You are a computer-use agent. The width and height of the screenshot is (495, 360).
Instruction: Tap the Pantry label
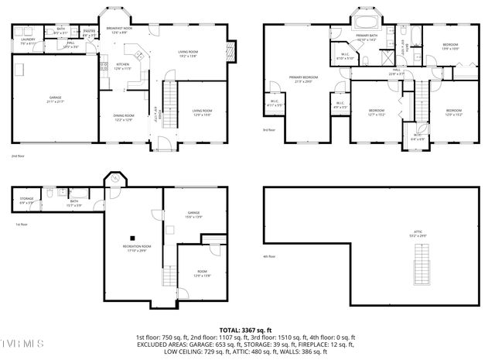88,33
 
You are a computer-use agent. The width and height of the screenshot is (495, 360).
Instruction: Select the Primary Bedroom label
304,79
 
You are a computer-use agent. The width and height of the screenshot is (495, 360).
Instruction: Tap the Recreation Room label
136,247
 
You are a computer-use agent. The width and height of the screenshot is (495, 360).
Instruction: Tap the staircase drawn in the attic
421,264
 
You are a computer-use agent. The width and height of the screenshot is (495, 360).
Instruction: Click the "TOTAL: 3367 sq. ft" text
247,329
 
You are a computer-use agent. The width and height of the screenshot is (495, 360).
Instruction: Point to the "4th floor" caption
269,256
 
